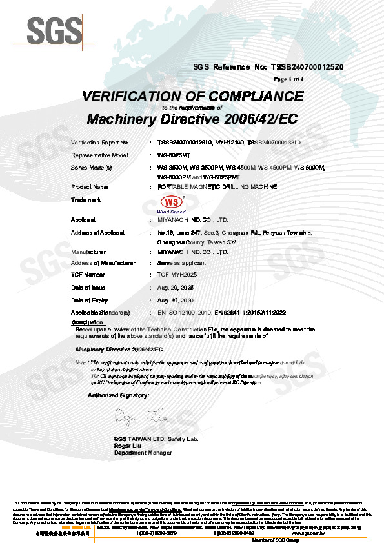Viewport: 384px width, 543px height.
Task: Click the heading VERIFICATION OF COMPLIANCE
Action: tap(192, 97)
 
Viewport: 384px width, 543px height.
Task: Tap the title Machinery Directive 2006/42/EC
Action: tap(192, 119)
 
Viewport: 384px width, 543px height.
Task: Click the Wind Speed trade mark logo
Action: tap(171, 204)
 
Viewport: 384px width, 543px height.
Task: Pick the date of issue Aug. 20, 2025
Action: tap(176, 287)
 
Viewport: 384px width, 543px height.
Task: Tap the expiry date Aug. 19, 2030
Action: tap(176, 300)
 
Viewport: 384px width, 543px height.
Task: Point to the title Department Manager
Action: tap(143, 453)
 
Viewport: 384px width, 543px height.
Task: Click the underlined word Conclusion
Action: tap(87, 322)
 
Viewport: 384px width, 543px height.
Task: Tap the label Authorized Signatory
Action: tap(118, 394)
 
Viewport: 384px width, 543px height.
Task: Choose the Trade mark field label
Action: tap(86, 201)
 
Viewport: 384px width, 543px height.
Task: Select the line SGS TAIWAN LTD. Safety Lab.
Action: tap(156, 439)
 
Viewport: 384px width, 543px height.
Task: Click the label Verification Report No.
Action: tap(100, 141)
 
